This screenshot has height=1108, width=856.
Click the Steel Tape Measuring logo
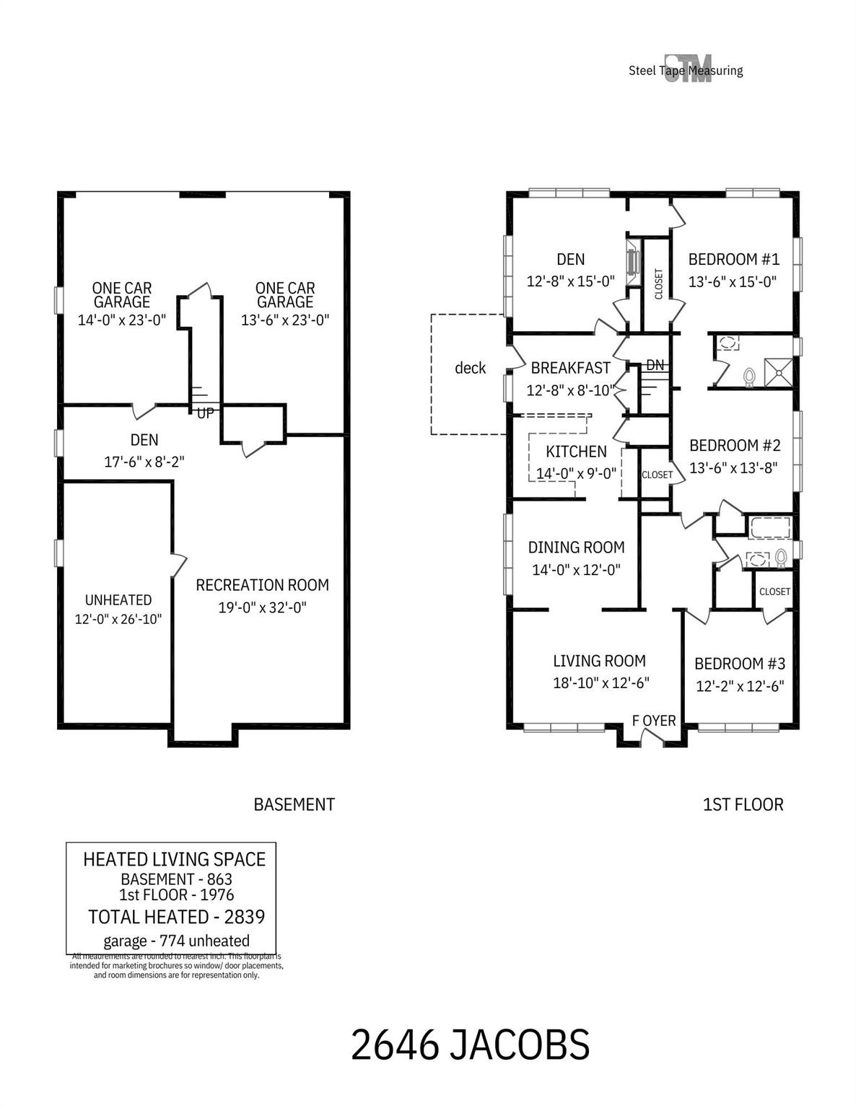click(x=686, y=69)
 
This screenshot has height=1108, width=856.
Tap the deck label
click(x=471, y=368)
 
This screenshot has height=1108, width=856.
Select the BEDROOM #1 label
click(x=733, y=259)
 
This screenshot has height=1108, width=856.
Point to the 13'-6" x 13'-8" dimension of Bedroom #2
click(x=733, y=467)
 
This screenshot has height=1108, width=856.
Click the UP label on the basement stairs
click(x=205, y=413)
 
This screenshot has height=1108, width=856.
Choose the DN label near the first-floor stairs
click(x=655, y=366)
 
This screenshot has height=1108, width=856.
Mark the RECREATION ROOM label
click(x=262, y=585)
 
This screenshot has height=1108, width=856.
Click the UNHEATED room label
click(x=118, y=600)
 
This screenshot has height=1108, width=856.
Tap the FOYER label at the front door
click(x=654, y=721)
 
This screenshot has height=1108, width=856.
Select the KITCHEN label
click(x=576, y=452)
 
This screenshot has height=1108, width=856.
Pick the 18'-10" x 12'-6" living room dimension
click(x=600, y=683)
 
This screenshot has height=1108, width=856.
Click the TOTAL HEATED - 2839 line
click(x=176, y=917)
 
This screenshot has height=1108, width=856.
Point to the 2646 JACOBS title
click(x=470, y=1045)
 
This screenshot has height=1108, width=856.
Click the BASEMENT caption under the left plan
click(x=294, y=804)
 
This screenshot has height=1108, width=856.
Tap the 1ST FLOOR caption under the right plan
click(x=743, y=804)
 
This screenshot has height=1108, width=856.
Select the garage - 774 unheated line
click(x=176, y=941)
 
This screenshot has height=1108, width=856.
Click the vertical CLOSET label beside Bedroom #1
click(x=658, y=284)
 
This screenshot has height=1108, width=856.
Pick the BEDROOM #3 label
click(x=739, y=664)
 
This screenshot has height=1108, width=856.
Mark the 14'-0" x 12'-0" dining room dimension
click(x=576, y=570)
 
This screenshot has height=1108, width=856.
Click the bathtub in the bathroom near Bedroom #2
click(x=770, y=527)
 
